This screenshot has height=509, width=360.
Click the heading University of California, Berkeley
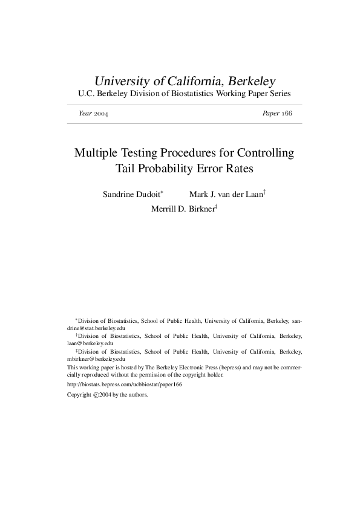[x=185, y=80]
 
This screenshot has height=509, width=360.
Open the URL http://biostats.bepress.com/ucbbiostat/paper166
[x=125, y=384]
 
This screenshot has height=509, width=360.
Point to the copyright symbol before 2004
[x=96, y=394]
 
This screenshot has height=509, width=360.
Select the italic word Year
[x=85, y=114]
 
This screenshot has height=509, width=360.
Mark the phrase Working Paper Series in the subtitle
[x=257, y=94]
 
